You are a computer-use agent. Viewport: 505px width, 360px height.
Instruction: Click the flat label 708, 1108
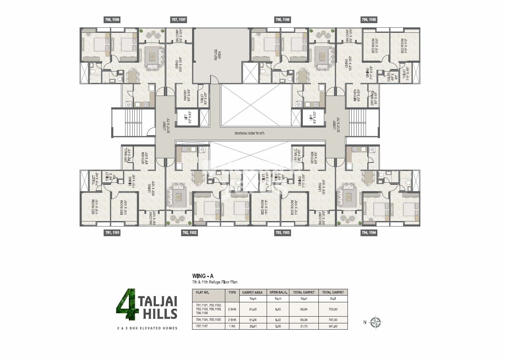pos(112,19)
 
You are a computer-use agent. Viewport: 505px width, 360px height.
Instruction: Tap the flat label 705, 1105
pos(369,19)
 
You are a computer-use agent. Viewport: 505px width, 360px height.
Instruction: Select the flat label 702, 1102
pos(189,232)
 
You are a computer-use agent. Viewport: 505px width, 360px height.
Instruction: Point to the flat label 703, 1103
pos(282,232)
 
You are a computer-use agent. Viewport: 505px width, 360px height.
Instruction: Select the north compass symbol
pos(376,323)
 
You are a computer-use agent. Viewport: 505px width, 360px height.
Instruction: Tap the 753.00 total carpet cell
pos(333,309)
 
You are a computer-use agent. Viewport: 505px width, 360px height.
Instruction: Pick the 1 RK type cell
pos(232,326)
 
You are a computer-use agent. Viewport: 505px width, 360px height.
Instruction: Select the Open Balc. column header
pos(278,292)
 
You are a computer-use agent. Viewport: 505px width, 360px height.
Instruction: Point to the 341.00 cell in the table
pos(333,326)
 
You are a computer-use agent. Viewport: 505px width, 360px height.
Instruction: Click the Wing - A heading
pos(200,276)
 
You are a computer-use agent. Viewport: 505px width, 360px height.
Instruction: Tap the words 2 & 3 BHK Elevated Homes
pos(147,328)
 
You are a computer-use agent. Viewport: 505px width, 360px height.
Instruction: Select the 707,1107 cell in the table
pos(203,326)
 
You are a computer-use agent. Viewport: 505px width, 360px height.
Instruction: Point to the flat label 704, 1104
pos(369,232)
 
